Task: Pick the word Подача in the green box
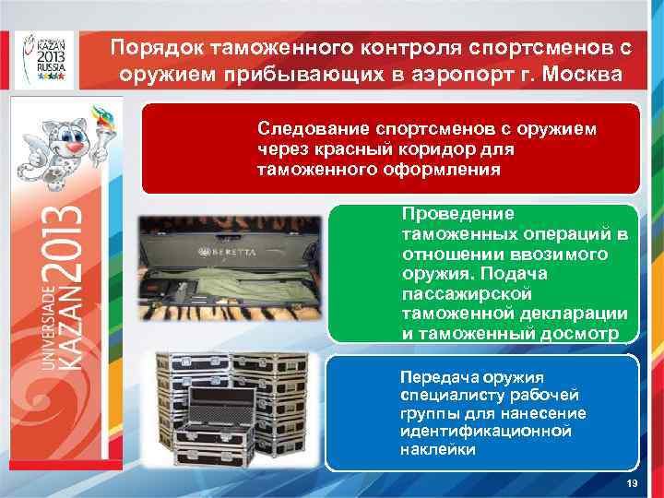click(x=529, y=275)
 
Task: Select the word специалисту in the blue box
click(x=449, y=395)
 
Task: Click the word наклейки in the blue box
click(x=438, y=450)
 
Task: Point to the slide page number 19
click(x=632, y=484)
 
